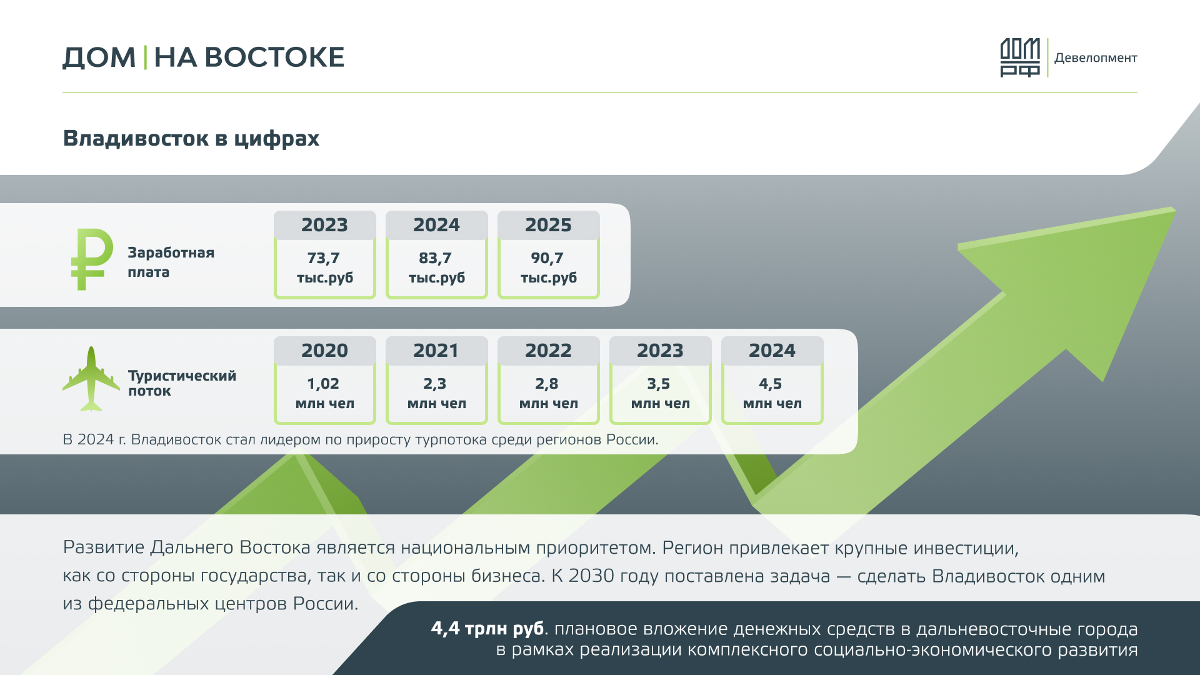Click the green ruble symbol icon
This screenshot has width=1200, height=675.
(x=91, y=259)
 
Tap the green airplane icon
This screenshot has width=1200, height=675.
(x=91, y=379)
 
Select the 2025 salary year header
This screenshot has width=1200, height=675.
(x=548, y=225)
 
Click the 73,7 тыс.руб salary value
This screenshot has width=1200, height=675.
(x=324, y=267)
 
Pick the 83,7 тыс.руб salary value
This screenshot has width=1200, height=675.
(x=436, y=267)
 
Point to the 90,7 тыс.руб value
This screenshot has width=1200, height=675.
(x=548, y=267)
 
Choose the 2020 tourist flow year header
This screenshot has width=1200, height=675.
(x=324, y=351)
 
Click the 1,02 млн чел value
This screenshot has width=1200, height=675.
(x=324, y=393)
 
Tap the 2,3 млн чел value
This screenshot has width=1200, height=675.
(x=436, y=393)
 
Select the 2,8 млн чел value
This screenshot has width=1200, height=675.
(x=548, y=393)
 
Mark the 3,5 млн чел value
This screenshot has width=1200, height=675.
(x=660, y=393)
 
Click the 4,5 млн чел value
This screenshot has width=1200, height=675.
(x=772, y=393)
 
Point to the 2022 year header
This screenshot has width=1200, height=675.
(x=548, y=351)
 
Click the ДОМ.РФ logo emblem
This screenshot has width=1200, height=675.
(x=1020, y=57)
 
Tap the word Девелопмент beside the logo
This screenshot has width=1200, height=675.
(x=1096, y=58)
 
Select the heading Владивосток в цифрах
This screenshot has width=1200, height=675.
(x=191, y=138)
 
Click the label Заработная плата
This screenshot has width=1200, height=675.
(x=171, y=262)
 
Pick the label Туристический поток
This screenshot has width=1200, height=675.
(x=182, y=383)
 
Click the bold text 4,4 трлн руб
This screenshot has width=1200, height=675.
(x=487, y=629)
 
